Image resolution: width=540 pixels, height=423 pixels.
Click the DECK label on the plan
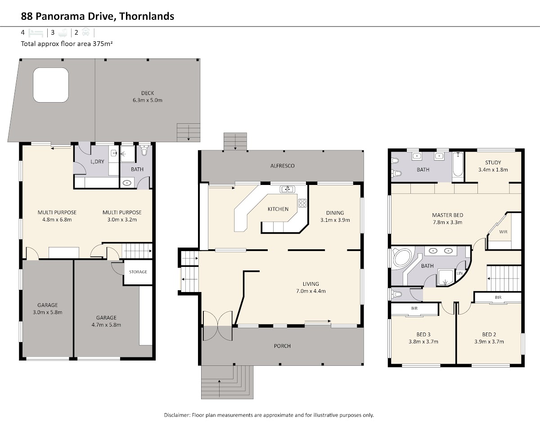[x=147, y=93]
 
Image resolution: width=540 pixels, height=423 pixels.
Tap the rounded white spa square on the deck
[x=51, y=85]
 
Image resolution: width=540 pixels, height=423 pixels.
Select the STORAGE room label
[x=138, y=272]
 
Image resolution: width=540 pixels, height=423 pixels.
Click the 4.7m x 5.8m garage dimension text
[x=106, y=324]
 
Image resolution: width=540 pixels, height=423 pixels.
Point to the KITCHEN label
[x=278, y=209]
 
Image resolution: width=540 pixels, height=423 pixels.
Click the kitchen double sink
[x=288, y=189]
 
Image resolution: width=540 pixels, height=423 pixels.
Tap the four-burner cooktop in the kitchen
[x=302, y=203]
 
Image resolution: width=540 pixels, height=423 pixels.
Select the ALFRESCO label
[x=282, y=166]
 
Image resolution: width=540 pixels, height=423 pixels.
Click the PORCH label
[x=282, y=346]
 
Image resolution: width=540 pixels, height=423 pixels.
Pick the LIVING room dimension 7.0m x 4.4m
[x=310, y=291]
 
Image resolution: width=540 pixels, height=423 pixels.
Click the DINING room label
[x=335, y=213]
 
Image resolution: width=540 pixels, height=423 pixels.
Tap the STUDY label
[x=493, y=162]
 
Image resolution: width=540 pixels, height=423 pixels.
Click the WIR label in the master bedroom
[x=503, y=232]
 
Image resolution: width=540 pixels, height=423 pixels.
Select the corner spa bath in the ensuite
[x=402, y=259]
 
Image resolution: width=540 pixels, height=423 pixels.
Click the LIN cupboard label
[x=459, y=273]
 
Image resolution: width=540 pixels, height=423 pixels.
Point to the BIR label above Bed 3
[x=414, y=308]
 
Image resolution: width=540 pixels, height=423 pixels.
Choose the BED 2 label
[x=489, y=334]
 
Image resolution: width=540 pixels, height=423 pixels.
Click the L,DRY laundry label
[x=97, y=162]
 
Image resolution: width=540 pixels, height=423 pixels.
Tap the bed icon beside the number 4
[x=36, y=33]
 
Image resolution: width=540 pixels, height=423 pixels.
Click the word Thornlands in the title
[x=147, y=16]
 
